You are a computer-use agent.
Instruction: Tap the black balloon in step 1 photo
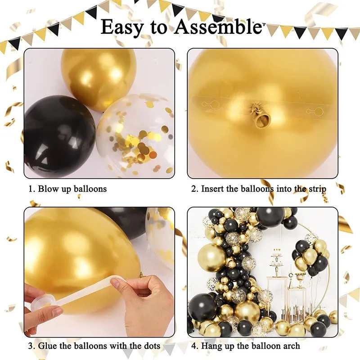tap(58, 136)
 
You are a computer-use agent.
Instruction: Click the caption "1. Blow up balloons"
tap(67, 189)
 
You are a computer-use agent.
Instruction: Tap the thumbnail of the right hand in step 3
tap(116, 284)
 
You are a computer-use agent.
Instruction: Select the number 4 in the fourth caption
tap(193, 346)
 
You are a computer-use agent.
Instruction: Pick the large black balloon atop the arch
tap(270, 217)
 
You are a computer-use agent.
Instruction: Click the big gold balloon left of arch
tap(212, 257)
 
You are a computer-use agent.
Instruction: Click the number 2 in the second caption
tap(194, 189)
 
